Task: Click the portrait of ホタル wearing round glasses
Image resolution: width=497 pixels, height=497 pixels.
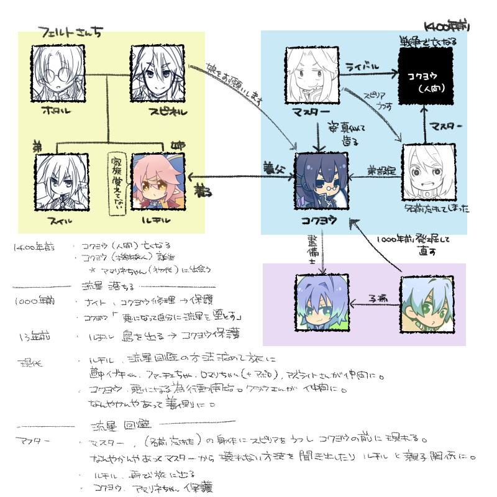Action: [x=57, y=74]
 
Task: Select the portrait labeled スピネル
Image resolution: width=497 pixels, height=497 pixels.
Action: [x=156, y=74]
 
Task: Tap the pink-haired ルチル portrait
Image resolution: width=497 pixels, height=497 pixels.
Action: [x=156, y=180]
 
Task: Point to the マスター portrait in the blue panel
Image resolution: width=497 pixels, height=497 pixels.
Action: [x=313, y=74]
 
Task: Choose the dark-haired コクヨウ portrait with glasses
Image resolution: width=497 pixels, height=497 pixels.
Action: [x=319, y=180]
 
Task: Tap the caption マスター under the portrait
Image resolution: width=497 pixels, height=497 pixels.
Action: [x=313, y=112]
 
